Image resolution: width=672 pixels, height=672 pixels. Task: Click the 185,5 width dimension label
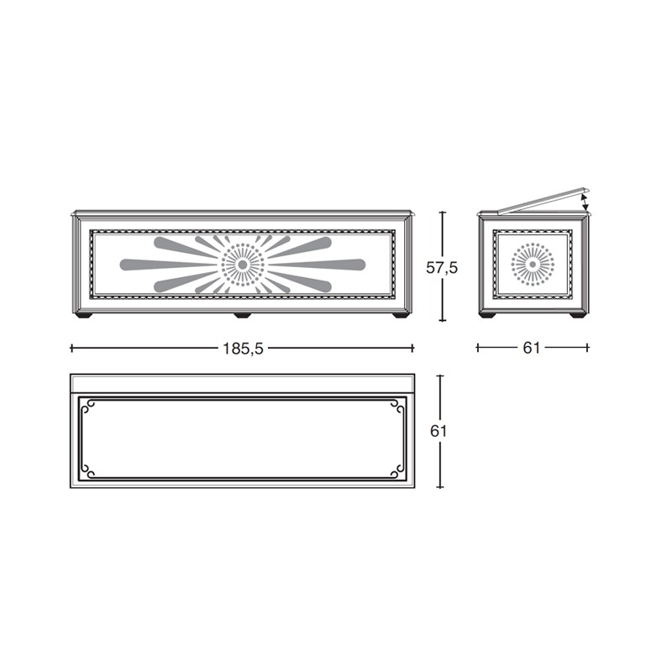coord(242,349)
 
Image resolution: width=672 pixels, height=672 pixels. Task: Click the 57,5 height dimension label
coord(442,268)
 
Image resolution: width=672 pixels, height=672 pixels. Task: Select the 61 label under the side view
coord(532,348)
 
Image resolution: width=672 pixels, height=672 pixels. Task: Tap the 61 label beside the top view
coord(438,431)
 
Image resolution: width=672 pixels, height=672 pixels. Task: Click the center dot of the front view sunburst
coord(242,265)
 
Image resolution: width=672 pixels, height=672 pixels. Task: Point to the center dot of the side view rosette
coord(533,265)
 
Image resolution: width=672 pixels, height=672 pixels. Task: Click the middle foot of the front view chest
coord(242,316)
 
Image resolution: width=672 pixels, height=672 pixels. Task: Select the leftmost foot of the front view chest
coord(83,316)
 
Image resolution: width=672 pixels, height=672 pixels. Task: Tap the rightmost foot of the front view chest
coord(401,316)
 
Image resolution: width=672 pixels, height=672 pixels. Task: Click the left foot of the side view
coord(487,316)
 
